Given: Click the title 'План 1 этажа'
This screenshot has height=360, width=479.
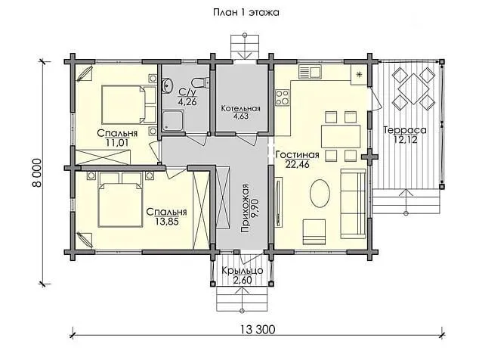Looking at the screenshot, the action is click(246, 13).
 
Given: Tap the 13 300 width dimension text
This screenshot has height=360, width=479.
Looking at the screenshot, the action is click(258, 330).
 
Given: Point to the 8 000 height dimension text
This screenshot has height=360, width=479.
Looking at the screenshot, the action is click(36, 172).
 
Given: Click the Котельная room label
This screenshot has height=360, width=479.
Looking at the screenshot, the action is click(241, 109).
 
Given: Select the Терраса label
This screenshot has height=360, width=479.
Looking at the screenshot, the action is click(405, 130).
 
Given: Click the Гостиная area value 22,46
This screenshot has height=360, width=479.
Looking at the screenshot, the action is click(297, 164).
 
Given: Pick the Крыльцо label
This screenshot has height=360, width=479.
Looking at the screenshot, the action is click(243, 271).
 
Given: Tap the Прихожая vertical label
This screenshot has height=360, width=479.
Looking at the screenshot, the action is click(246, 209).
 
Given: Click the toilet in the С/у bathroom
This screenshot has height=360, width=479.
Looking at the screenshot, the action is click(200, 82).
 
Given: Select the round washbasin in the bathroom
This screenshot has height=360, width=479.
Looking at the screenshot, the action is click(167, 85).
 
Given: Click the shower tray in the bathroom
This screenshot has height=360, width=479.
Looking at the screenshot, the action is click(173, 121).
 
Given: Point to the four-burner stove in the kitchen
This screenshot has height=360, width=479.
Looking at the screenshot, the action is click(283, 97).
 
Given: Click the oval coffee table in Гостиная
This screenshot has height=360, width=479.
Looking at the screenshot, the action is click(320, 194).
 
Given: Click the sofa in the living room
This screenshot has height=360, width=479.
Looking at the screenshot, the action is click(353, 203).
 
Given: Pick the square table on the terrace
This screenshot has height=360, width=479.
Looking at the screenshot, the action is click(413, 88).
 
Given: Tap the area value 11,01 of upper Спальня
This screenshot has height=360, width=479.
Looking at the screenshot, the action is click(117, 142).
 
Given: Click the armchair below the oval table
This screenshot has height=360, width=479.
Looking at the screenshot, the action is click(314, 232).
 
